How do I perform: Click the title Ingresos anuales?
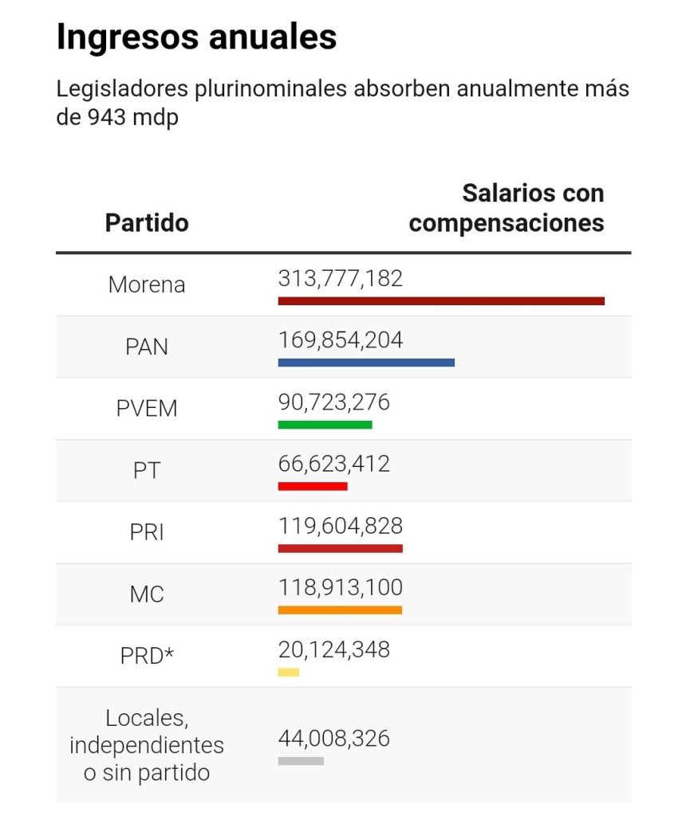pyautogui.click(x=196, y=37)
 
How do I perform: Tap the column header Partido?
pyautogui.click(x=147, y=222)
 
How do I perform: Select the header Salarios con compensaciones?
pyautogui.click(x=507, y=208)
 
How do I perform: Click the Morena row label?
pyautogui.click(x=147, y=284)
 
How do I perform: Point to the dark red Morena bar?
pyautogui.click(x=441, y=300)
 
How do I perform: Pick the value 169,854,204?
pyautogui.click(x=341, y=340)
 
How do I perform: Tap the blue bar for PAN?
pyautogui.click(x=366, y=363)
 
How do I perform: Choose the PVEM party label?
pyautogui.click(x=147, y=409)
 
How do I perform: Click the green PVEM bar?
pyautogui.click(x=325, y=425)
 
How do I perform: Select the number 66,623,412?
pyautogui.click(x=334, y=464)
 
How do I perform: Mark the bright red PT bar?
pyautogui.click(x=313, y=486)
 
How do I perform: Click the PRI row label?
pyautogui.click(x=147, y=532)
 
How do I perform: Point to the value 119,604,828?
pyautogui.click(x=341, y=526)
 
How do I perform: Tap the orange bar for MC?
pyautogui.click(x=340, y=610)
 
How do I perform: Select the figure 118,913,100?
pyautogui.click(x=341, y=588)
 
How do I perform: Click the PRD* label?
pyautogui.click(x=147, y=657)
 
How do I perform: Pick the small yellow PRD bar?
pyautogui.click(x=289, y=673)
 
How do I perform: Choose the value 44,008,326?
pyautogui.click(x=334, y=739)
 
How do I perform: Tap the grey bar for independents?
pyautogui.click(x=301, y=761)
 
